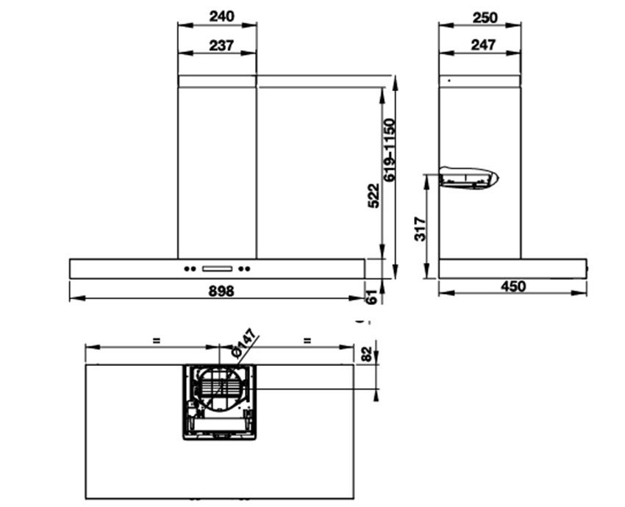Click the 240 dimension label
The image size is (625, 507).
(x=221, y=17)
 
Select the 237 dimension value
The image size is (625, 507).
(x=221, y=46)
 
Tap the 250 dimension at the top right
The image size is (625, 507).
(x=485, y=18)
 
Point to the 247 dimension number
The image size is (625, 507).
(x=484, y=45)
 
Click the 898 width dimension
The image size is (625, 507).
(x=221, y=291)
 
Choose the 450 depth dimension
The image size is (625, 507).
(x=513, y=287)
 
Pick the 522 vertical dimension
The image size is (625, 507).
(x=374, y=195)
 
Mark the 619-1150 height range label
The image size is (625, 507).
(x=390, y=150)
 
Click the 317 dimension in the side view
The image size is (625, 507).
(x=420, y=229)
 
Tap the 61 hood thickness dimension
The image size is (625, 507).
(x=371, y=297)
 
